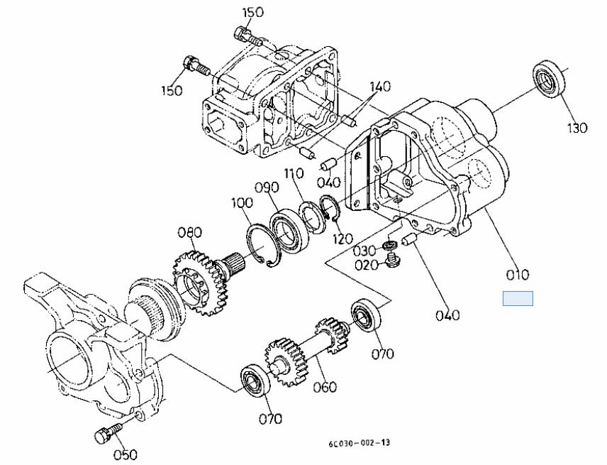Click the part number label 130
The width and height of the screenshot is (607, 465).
(x=577, y=128)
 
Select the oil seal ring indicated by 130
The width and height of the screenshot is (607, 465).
(x=550, y=78)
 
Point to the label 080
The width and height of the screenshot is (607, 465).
(x=189, y=232)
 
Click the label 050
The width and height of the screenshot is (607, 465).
(x=125, y=454)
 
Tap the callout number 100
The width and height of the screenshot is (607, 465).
(x=241, y=203)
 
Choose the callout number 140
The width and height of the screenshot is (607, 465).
(x=379, y=87)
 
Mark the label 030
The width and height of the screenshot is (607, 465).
(x=364, y=251)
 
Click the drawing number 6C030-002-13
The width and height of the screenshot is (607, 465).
(x=359, y=443)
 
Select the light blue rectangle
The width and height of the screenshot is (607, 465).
(x=518, y=299)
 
